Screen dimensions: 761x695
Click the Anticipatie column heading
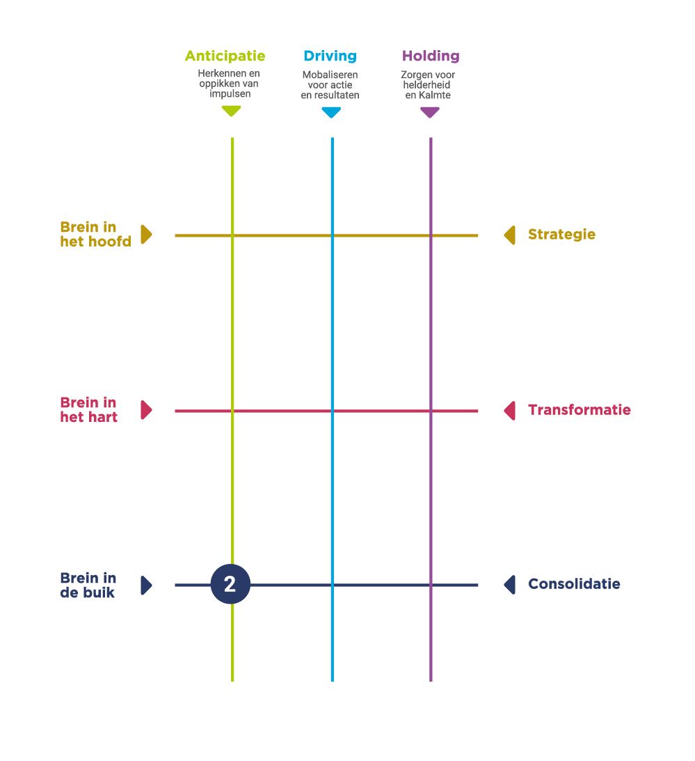pyautogui.click(x=225, y=56)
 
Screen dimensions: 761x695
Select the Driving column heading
pyautogui.click(x=330, y=56)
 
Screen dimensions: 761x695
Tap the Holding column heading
pyautogui.click(x=431, y=56)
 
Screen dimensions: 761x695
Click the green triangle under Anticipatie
pyautogui.click(x=231, y=111)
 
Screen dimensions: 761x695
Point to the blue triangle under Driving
pyautogui.click(x=331, y=112)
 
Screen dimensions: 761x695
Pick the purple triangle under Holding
pyautogui.click(x=430, y=112)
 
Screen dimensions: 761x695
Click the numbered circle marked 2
pyautogui.click(x=230, y=585)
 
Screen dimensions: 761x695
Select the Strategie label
pyautogui.click(x=561, y=235)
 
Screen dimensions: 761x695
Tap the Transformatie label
pyautogui.click(x=579, y=410)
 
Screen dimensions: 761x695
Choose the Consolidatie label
pyautogui.click(x=574, y=584)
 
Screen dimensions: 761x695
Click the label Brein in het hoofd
pyautogui.click(x=95, y=235)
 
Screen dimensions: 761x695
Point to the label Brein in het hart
pyautogui.click(x=88, y=410)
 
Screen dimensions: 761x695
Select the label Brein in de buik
pyautogui.click(x=88, y=585)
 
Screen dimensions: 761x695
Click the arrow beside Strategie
pyautogui.click(x=510, y=235)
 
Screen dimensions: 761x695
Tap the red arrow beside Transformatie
pyautogui.click(x=510, y=411)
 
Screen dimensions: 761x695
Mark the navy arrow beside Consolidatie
pyautogui.click(x=510, y=585)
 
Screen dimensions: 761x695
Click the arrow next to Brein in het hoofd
pyautogui.click(x=146, y=235)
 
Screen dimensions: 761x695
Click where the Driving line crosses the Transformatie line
pyautogui.click(x=332, y=411)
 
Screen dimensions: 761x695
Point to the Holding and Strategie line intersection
pyautogui.click(x=431, y=235)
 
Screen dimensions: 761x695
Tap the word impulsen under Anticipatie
pyautogui.click(x=229, y=93)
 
